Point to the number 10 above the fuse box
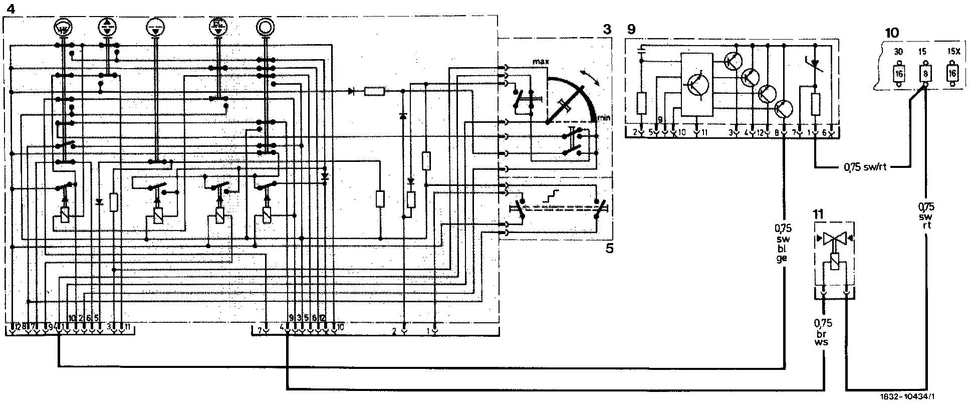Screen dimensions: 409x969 click(892, 33)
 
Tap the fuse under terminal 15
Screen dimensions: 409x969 click(924, 74)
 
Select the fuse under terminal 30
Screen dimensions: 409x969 click(899, 74)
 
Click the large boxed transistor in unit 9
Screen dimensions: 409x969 click(696, 85)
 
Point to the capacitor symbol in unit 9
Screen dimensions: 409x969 click(642, 51)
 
